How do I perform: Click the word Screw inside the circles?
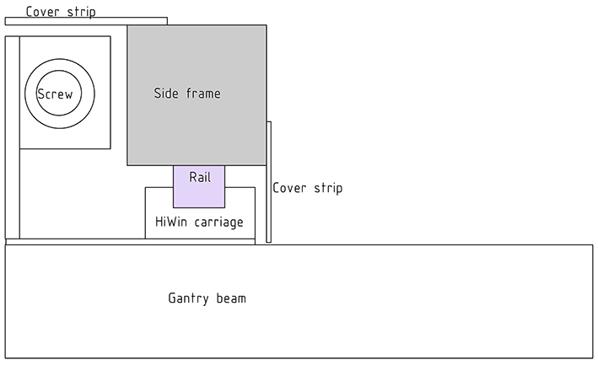(x=55, y=94)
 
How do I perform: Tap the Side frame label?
(x=186, y=94)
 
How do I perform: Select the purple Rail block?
(x=199, y=194)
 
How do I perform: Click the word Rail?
(x=199, y=177)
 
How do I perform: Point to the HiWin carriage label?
(x=199, y=223)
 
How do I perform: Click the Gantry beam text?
(x=207, y=298)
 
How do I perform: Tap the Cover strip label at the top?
(x=60, y=12)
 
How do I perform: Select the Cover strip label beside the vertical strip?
(x=307, y=188)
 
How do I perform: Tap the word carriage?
(x=218, y=223)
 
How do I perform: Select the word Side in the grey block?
(x=166, y=94)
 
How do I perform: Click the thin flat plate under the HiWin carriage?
(x=130, y=242)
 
